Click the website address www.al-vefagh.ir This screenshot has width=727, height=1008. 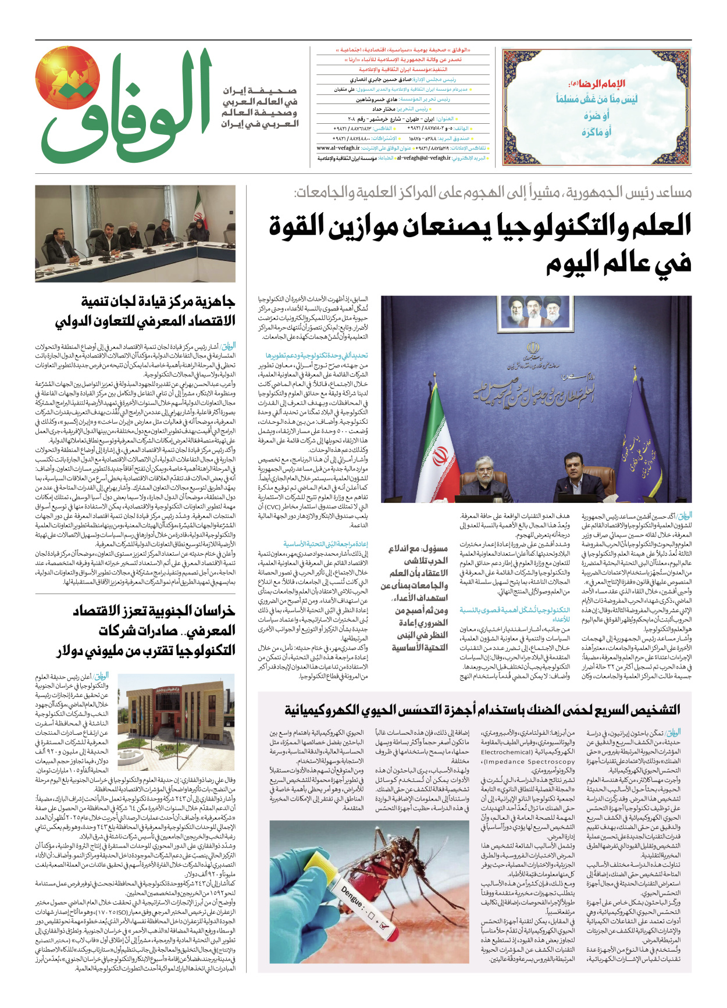[x=338, y=148]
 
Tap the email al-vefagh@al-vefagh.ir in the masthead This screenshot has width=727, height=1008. [x=423, y=158]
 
